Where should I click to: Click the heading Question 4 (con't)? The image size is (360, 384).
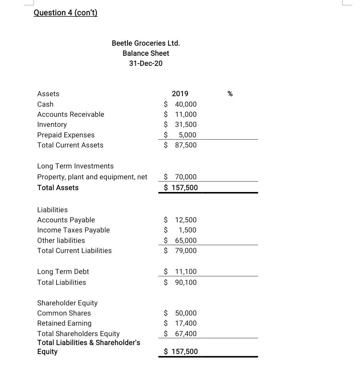[65, 13]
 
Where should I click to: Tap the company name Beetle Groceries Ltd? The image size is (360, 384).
[146, 43]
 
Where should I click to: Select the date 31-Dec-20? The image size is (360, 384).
[146, 63]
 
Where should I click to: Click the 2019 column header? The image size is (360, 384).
[180, 94]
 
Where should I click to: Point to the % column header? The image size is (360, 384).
[230, 94]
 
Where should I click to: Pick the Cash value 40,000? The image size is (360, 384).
[185, 104]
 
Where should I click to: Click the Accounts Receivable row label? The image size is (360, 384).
[71, 114]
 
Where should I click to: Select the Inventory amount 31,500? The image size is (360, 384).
[185, 124]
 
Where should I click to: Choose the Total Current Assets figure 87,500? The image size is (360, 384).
[185, 145]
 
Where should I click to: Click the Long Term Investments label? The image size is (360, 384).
[75, 166]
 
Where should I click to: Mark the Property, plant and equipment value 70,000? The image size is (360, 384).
[185, 177]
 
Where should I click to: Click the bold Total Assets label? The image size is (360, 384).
[58, 188]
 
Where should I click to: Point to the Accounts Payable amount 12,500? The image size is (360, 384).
[185, 220]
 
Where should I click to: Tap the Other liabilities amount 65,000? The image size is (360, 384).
[185, 240]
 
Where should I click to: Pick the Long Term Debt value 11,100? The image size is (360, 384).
[185, 271]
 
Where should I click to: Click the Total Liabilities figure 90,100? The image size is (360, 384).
[185, 282]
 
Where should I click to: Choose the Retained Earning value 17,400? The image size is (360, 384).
[185, 323]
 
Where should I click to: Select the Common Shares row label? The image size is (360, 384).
[64, 313]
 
